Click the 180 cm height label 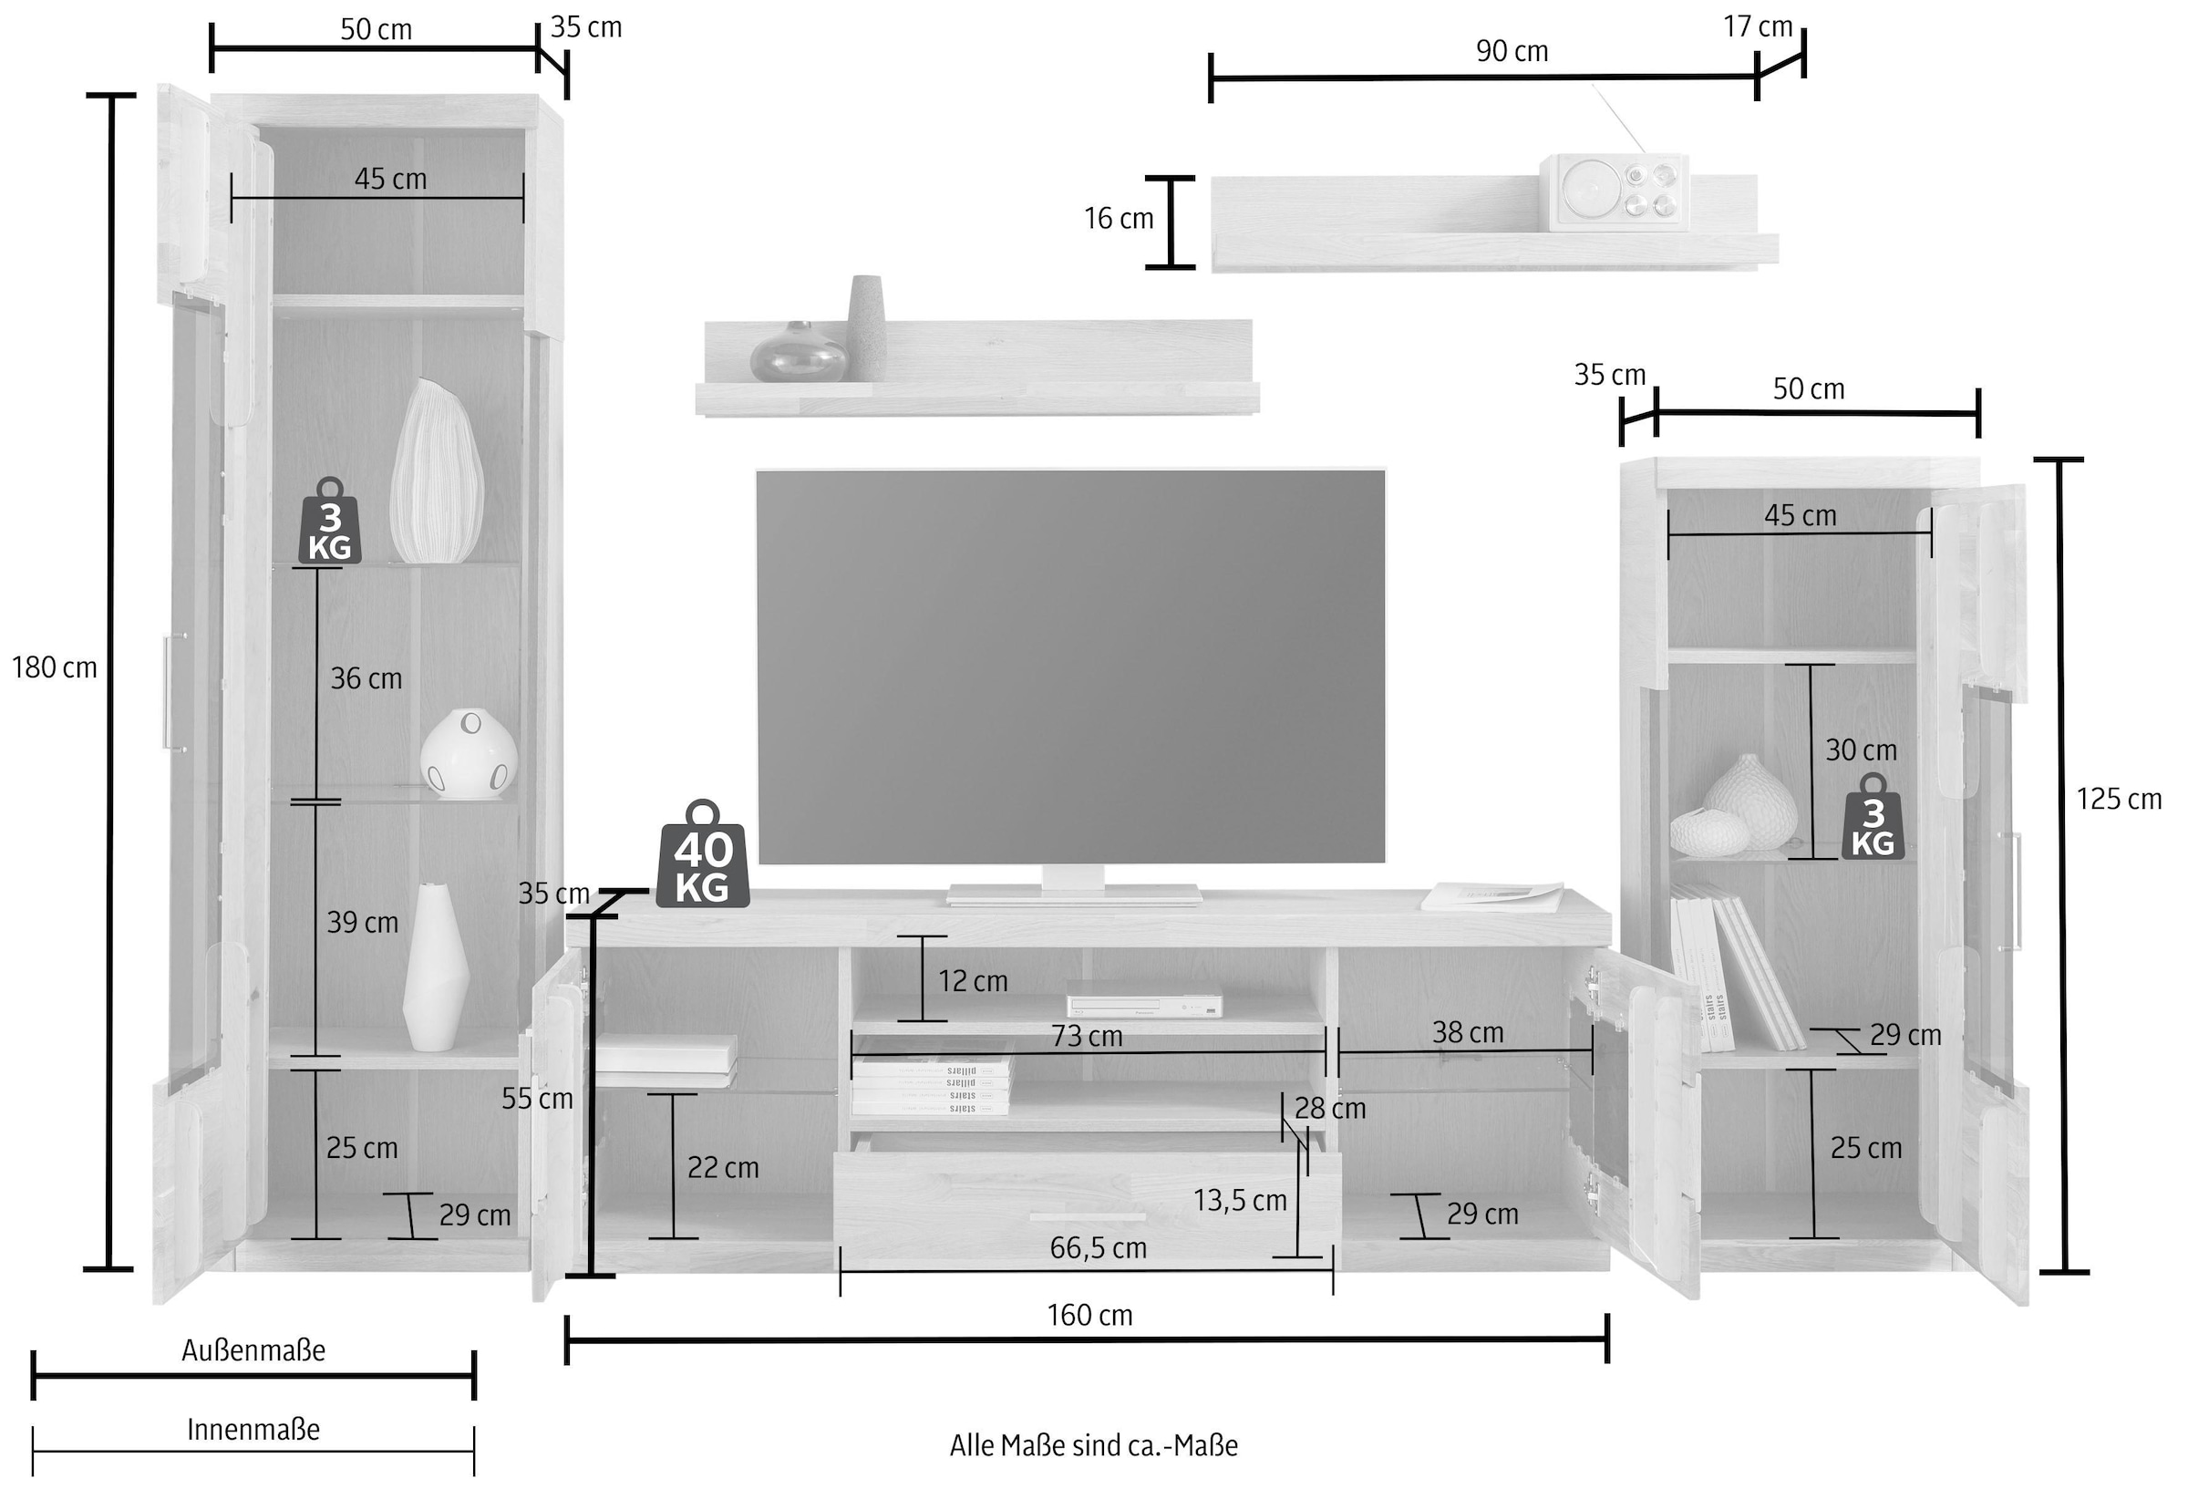point(54,667)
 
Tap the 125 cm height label point(2119,800)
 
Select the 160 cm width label point(1089,1316)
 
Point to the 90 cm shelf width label point(1511,51)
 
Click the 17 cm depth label point(1758,26)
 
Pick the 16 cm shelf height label point(1119,219)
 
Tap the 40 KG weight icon point(702,857)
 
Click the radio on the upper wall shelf point(1614,192)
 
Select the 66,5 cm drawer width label point(1098,1248)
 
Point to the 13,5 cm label point(1239,1201)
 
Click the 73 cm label point(1087,1037)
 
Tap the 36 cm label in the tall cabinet point(366,678)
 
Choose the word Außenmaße point(253,1351)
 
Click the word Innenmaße point(253,1431)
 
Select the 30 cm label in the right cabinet point(1861,750)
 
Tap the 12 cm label point(973,981)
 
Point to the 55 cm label point(537,1098)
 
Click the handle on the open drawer point(1087,1217)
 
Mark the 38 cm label point(1468,1033)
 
